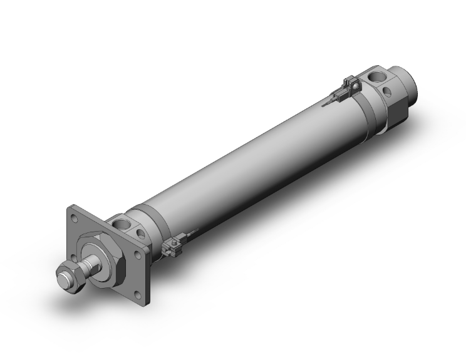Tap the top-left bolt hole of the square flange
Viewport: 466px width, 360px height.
75,219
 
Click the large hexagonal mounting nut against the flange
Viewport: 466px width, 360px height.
108,257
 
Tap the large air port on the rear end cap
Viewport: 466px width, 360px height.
380,78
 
